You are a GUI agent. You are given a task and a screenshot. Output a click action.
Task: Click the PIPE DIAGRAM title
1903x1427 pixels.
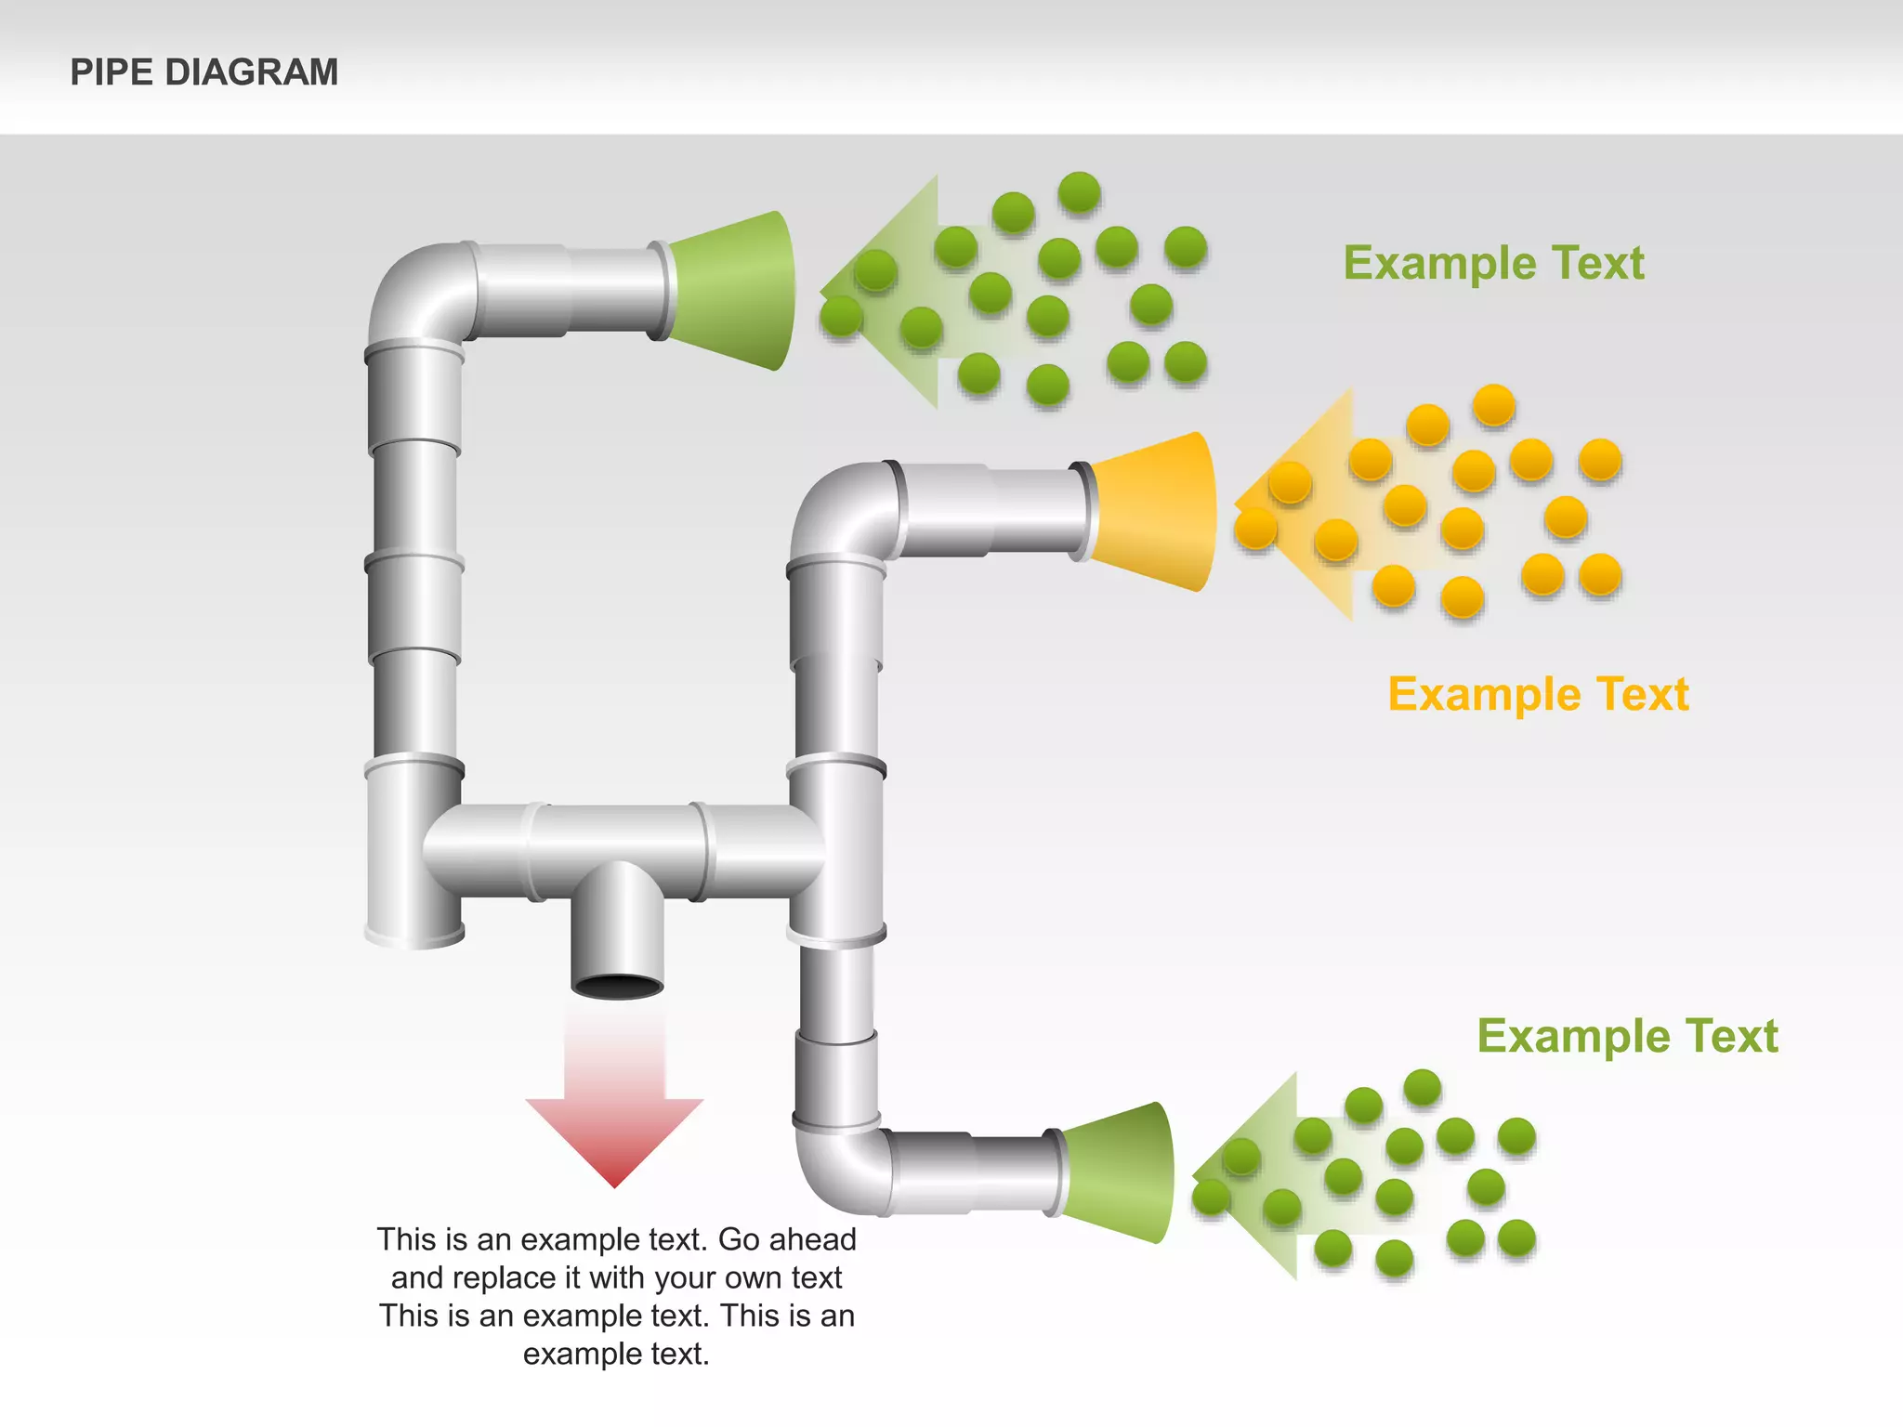click(204, 72)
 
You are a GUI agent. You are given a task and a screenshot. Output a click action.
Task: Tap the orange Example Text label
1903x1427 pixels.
click(1538, 695)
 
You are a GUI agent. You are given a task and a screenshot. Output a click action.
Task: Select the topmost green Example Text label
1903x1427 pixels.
click(1493, 263)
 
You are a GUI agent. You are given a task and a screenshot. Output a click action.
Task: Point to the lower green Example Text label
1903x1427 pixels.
click(1627, 1036)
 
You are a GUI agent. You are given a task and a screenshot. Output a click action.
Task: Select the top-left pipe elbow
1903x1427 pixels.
click(418, 293)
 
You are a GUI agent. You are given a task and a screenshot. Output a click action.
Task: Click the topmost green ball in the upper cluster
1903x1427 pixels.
click(1079, 193)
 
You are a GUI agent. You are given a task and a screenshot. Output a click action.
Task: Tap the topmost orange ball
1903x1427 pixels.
click(1493, 405)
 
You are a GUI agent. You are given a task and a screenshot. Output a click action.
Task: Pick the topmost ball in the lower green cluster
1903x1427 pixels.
click(1422, 1088)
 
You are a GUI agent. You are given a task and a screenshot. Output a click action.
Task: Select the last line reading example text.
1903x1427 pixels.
click(616, 1354)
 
